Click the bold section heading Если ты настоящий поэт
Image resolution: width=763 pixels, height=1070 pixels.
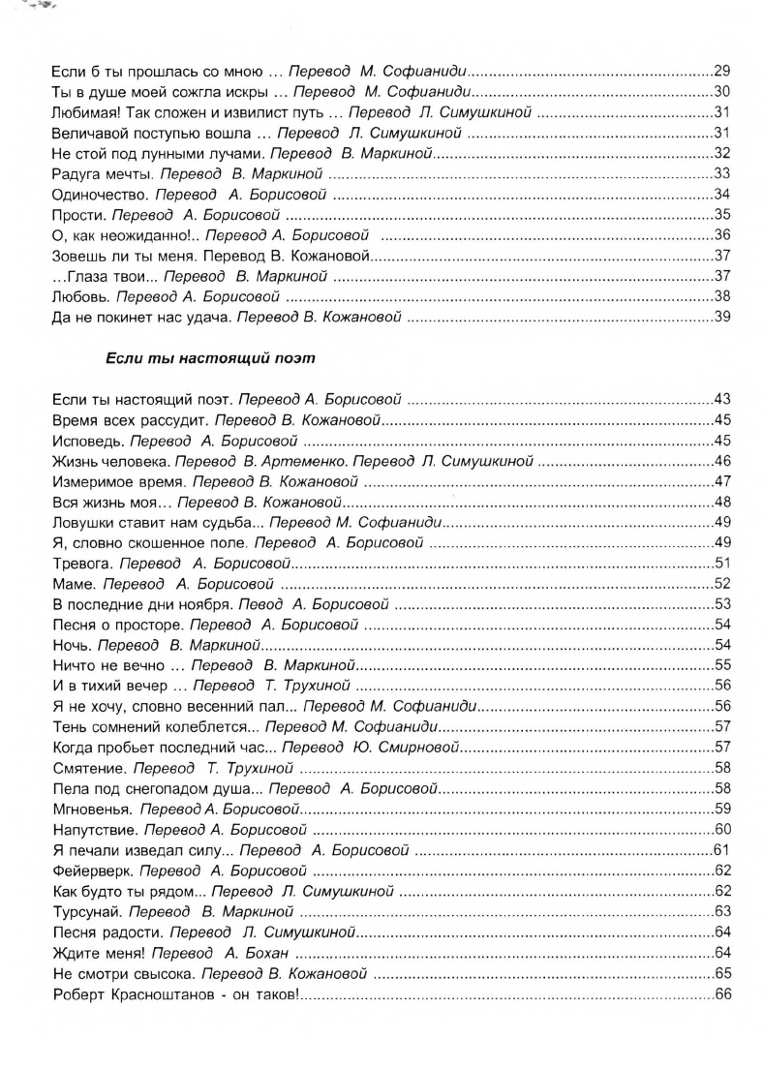[x=209, y=357]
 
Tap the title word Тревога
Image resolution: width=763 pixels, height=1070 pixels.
[x=76, y=563]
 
